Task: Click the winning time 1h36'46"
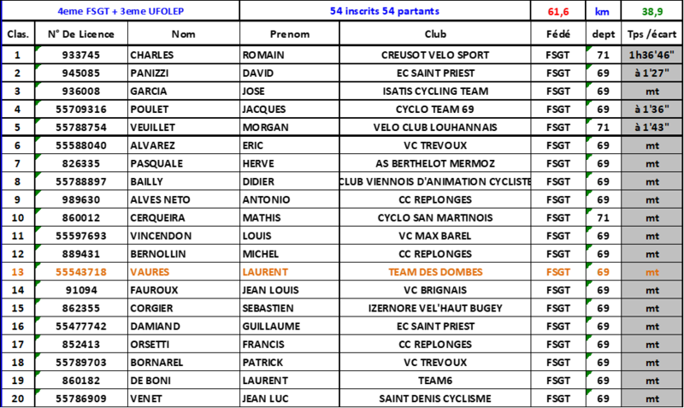point(652,55)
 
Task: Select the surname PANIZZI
point(149,74)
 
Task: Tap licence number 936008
point(81,92)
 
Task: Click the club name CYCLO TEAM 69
point(435,109)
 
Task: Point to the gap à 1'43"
point(652,127)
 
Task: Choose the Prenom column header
point(290,34)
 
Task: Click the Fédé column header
point(558,34)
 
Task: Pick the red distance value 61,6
point(558,11)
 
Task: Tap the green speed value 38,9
point(652,11)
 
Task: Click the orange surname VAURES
point(150,272)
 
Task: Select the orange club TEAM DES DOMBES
point(435,272)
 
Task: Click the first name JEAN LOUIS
point(270,290)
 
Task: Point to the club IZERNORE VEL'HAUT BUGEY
point(435,309)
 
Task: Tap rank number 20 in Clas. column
point(17,399)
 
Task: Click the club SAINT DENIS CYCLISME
point(435,399)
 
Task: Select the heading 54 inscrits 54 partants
point(384,11)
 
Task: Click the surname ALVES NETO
point(160,200)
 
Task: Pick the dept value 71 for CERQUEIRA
point(604,218)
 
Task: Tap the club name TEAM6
point(435,381)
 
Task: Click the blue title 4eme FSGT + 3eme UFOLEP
point(121,11)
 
